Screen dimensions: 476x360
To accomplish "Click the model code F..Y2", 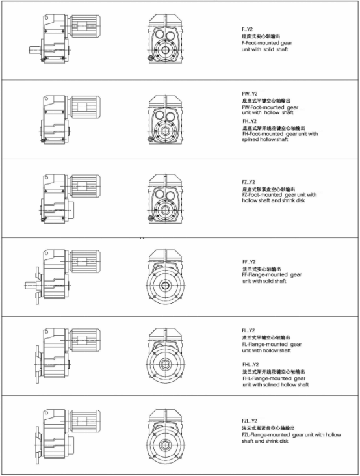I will point(248,30).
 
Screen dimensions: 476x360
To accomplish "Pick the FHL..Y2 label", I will point(251,364).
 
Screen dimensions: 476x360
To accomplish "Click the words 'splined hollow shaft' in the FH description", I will point(264,140).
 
